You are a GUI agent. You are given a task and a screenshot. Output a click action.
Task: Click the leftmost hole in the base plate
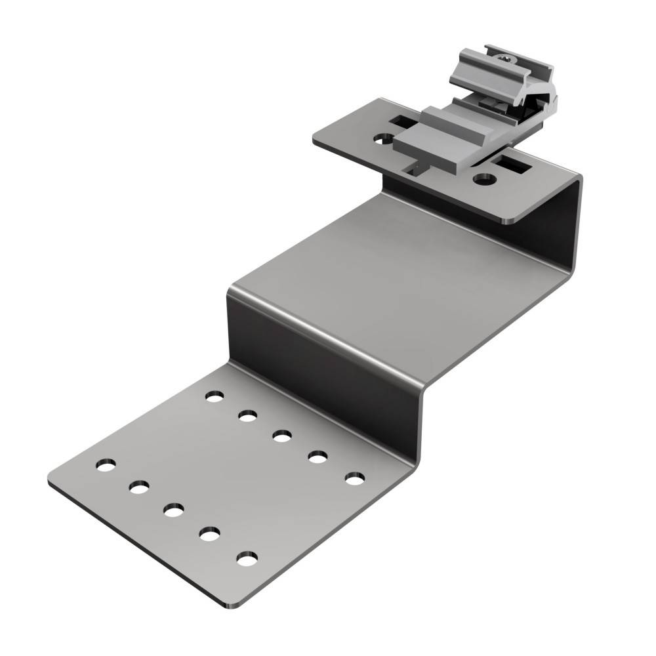click(105, 464)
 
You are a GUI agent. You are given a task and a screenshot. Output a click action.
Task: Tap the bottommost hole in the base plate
click(247, 560)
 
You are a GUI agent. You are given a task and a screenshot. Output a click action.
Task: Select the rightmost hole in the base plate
click(354, 480)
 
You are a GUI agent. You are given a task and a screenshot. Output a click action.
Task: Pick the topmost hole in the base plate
click(214, 396)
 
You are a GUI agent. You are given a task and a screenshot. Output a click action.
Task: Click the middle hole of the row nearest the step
click(282, 436)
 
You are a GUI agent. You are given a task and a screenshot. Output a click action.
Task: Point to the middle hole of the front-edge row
click(174, 510)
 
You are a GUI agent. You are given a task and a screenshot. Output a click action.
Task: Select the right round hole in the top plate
click(485, 178)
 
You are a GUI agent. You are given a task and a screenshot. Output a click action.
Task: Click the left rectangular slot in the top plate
click(403, 121)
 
